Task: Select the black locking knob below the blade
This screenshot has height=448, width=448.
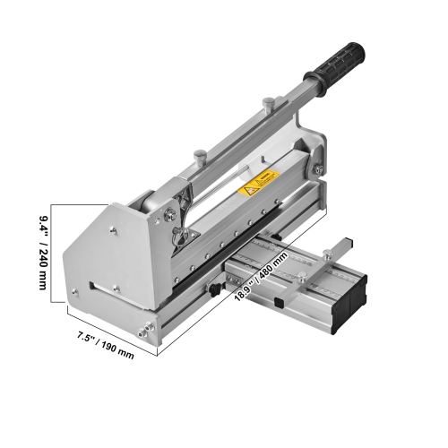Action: point(216,290)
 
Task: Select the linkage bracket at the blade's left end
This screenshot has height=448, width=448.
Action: point(177,215)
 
